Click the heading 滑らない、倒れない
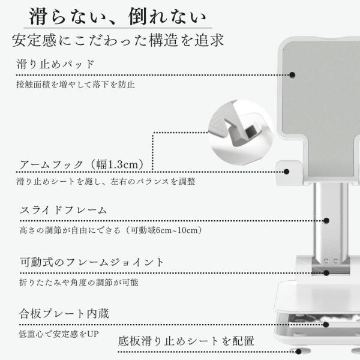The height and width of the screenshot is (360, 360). coord(118,16)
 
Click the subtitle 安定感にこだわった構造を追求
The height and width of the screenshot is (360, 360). coord(118,40)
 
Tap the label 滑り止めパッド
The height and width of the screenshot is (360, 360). coord(55,64)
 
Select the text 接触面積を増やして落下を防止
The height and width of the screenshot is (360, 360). coord(76,85)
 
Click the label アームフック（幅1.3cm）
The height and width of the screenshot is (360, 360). coord(82,164)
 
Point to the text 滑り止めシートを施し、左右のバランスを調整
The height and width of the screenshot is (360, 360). coord(106,181)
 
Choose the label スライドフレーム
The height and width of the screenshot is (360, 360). coord(64,210)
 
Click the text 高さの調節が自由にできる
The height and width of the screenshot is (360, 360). coord(70,230)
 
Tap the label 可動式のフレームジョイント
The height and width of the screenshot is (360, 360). coord(92,262)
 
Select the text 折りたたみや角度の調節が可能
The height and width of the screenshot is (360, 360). coord(79,282)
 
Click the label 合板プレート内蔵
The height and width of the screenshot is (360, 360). coord(64,314)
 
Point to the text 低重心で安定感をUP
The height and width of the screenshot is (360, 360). coord(59,334)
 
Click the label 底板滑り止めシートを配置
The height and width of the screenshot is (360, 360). coord(186,341)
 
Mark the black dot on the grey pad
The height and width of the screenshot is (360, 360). coord(292,75)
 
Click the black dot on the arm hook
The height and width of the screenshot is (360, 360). coord(286,172)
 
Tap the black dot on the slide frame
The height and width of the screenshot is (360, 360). coord(326,221)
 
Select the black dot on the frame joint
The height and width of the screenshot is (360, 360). coord(326,273)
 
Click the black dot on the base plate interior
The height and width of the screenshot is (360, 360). coord(326,325)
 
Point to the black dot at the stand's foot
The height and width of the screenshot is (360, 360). coord(298,352)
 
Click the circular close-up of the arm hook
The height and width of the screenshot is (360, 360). coord(241,133)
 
